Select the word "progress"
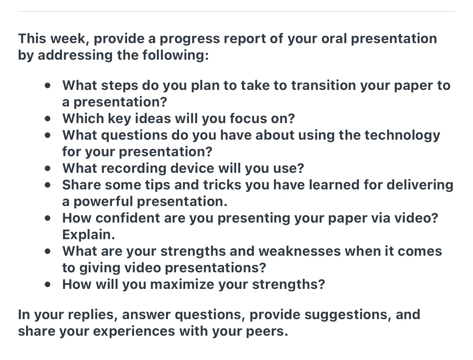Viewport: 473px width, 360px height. click(x=189, y=39)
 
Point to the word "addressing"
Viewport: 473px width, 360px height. click(x=75, y=55)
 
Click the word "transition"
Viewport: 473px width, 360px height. click(x=323, y=85)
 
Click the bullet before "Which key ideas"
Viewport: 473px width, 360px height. click(x=48, y=119)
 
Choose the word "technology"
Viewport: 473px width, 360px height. click(x=402, y=136)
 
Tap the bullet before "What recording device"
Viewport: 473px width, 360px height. click(x=48, y=168)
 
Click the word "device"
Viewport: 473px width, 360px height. click(x=192, y=168)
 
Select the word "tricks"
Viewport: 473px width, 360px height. click(x=222, y=185)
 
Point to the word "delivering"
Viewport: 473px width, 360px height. click(x=420, y=185)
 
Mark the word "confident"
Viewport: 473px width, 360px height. click(x=127, y=218)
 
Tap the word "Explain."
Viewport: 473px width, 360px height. click(x=88, y=235)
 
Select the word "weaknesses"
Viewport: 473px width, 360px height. click(x=299, y=251)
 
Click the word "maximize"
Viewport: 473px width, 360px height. click(x=182, y=284)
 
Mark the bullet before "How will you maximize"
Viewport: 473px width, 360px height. click(x=48, y=284)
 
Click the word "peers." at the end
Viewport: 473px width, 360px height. click(x=267, y=332)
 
